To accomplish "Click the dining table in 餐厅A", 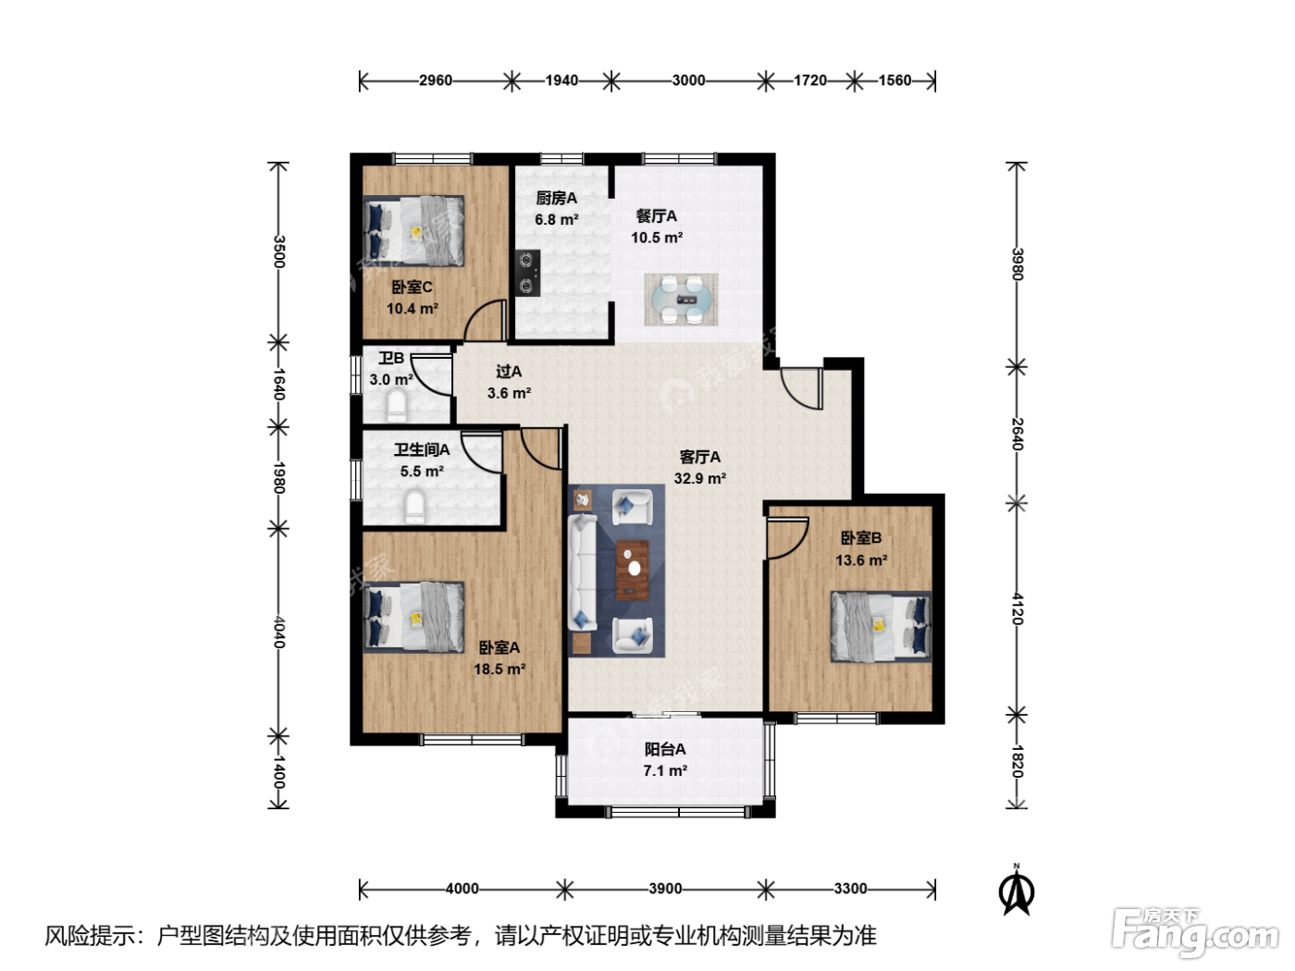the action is pyautogui.click(x=681, y=300).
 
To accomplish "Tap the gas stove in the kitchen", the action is pyautogui.click(x=527, y=273).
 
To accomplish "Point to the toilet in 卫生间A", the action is pyautogui.click(x=415, y=507).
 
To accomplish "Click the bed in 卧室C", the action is pyautogui.click(x=414, y=231).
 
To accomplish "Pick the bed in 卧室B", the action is pyautogui.click(x=881, y=627).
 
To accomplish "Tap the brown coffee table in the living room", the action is pyautogui.click(x=633, y=570).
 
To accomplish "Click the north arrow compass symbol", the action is pyautogui.click(x=1017, y=891).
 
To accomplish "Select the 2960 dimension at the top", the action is pyautogui.click(x=436, y=80).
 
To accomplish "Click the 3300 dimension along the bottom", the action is pyautogui.click(x=850, y=889).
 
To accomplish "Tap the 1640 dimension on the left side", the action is pyautogui.click(x=279, y=384).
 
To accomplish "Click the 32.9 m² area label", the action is pyautogui.click(x=699, y=478).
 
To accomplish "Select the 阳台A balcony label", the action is pyautogui.click(x=665, y=749).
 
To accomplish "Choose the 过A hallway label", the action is pyautogui.click(x=509, y=372).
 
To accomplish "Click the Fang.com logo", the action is pyautogui.click(x=1195, y=932).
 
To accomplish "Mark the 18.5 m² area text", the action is pyautogui.click(x=499, y=670).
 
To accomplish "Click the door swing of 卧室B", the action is pyautogui.click(x=787, y=537).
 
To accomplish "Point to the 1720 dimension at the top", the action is pyautogui.click(x=810, y=80).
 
